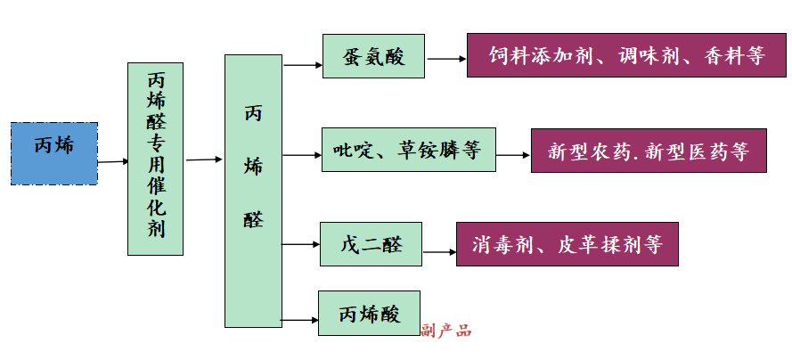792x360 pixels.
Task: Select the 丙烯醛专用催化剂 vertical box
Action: click(x=156, y=159)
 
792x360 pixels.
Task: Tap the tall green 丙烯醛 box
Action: click(x=253, y=191)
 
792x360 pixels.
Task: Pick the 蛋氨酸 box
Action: click(x=373, y=57)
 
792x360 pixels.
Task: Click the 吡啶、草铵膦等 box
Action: click(x=408, y=150)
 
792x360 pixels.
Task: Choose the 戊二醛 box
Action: click(x=371, y=243)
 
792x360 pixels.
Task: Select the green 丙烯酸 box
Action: click(x=369, y=313)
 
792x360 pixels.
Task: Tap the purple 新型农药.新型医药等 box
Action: click(x=648, y=151)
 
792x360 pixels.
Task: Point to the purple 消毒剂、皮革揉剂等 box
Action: click(x=567, y=244)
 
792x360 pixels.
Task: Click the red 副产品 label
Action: click(x=446, y=331)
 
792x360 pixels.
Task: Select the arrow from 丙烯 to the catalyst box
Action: click(x=113, y=162)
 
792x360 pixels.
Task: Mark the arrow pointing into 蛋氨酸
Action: click(x=303, y=64)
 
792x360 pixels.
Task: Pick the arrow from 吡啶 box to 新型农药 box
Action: click(x=514, y=155)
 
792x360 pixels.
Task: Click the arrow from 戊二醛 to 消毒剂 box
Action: click(x=439, y=252)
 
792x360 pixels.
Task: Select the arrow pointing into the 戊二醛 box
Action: click(x=301, y=244)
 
